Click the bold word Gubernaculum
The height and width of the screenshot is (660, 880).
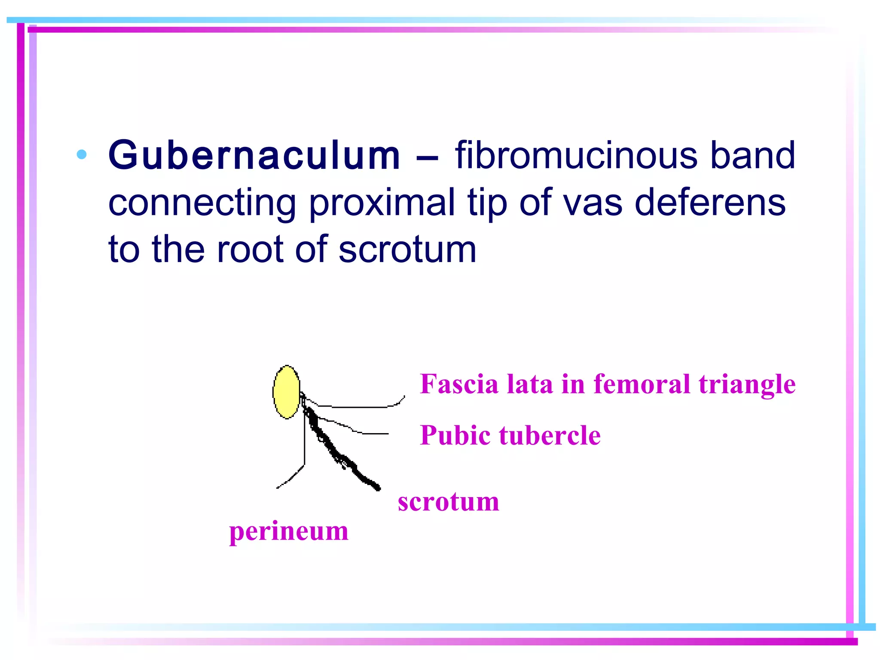[254, 156]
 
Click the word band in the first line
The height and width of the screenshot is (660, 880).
[752, 156]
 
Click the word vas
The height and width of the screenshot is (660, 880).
[593, 203]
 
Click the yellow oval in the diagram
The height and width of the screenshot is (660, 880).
[287, 391]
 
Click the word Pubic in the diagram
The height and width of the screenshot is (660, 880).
[455, 436]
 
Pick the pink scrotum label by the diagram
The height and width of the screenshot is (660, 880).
[448, 501]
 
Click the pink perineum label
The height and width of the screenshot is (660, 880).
[288, 532]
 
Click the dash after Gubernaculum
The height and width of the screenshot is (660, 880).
[427, 157]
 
